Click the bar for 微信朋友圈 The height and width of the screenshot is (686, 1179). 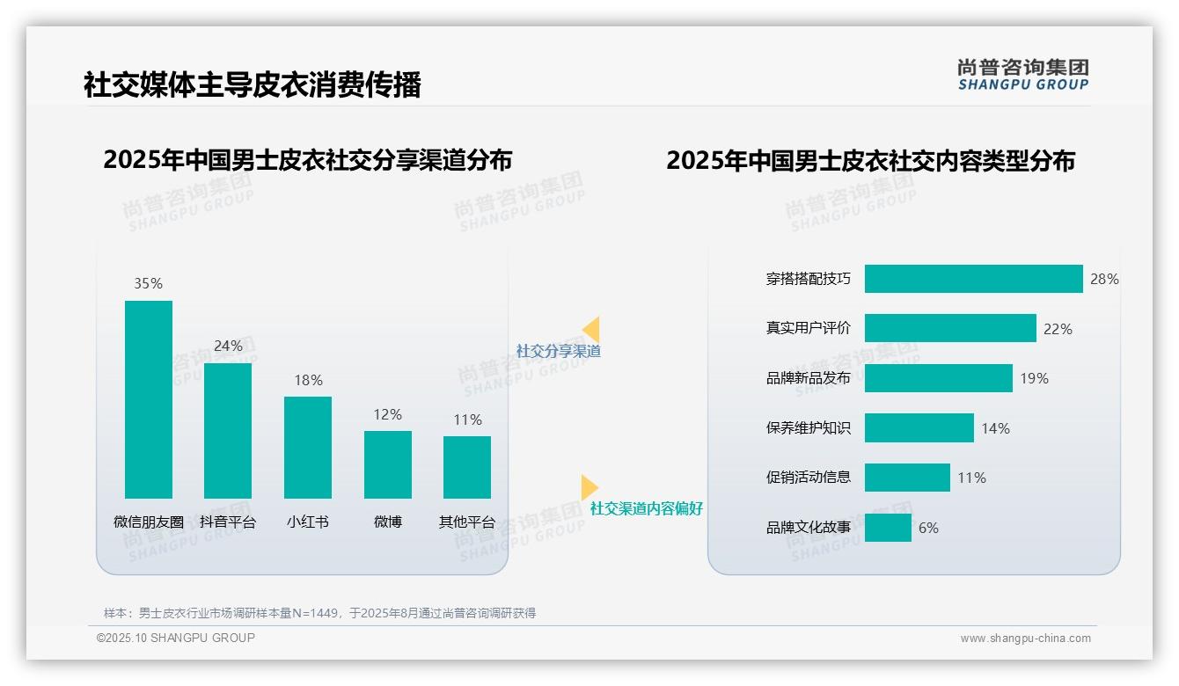click(149, 399)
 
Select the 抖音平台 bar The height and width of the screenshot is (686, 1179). click(228, 431)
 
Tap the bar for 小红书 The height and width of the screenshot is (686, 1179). click(308, 447)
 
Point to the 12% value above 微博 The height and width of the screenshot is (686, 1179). click(387, 414)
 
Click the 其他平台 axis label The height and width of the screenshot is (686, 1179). click(467, 522)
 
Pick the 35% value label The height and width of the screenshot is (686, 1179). click(149, 283)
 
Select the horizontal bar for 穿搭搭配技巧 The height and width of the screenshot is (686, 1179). click(973, 279)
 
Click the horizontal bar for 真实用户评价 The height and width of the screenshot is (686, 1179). click(950, 328)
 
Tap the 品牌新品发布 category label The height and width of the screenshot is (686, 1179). click(809, 378)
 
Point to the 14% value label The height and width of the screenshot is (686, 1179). click(995, 428)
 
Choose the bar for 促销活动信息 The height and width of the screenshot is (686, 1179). click(907, 478)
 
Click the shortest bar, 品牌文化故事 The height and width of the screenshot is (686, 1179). click(888, 528)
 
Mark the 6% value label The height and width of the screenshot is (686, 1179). click(928, 528)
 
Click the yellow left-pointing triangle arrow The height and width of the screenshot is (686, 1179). click(592, 329)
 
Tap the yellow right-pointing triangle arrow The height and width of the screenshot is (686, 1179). click(589, 486)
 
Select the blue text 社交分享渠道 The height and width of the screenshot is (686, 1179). click(558, 351)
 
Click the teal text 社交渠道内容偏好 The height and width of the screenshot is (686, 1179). click(646, 508)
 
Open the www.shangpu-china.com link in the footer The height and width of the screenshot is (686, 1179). click(1025, 639)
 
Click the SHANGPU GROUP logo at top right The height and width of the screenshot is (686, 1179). click(1022, 74)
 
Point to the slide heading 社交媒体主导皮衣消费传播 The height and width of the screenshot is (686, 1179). click(253, 84)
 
